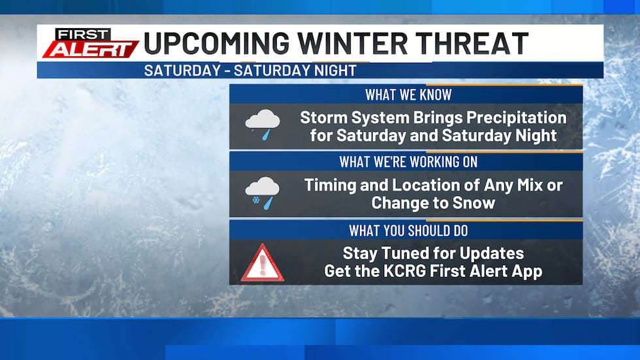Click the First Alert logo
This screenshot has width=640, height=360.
91,43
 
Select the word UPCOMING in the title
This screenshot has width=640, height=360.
216,43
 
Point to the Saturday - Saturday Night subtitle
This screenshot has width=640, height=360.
250,71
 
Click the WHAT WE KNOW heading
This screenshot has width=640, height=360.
408,94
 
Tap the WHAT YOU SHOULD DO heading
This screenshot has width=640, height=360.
408,230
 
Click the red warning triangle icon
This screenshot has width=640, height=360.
263,263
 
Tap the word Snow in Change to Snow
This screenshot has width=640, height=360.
473,203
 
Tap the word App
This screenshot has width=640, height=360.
528,270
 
